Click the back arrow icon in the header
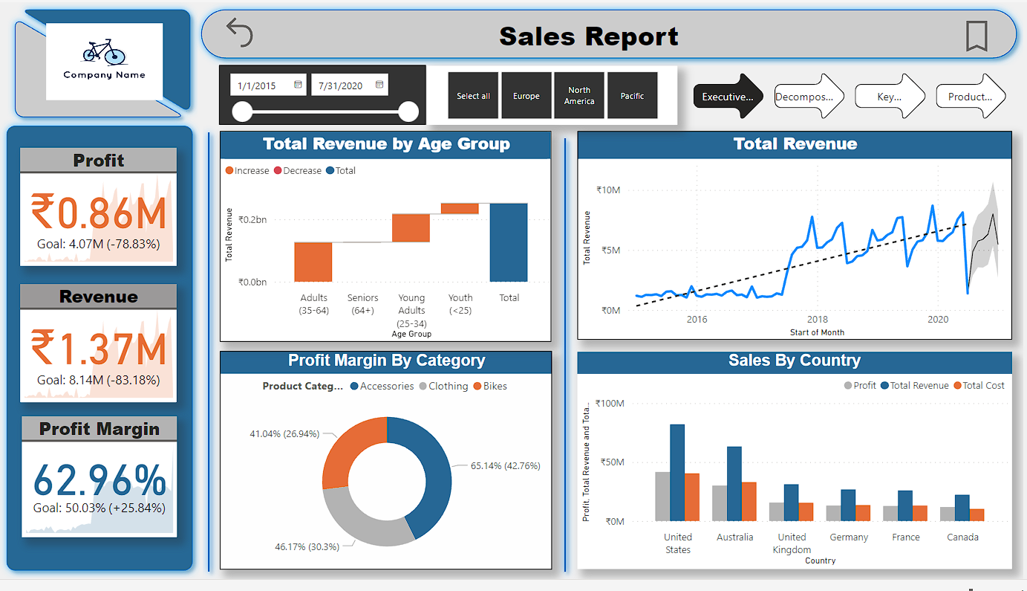click(240, 33)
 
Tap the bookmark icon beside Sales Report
click(977, 36)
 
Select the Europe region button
click(526, 96)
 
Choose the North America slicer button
click(578, 96)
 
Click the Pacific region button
click(632, 96)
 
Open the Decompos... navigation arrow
click(809, 97)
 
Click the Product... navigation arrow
click(969, 97)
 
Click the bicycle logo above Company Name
click(104, 51)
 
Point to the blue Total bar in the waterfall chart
click(509, 242)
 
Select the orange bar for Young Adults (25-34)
click(411, 227)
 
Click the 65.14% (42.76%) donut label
click(505, 466)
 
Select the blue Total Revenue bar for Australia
click(734, 483)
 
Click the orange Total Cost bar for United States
click(691, 497)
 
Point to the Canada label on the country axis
click(962, 537)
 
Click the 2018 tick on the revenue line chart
click(818, 320)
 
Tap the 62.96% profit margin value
click(100, 481)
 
